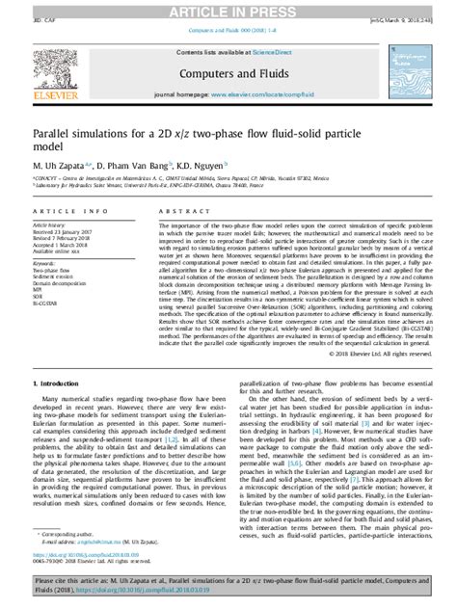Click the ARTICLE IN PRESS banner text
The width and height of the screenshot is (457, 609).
pyautogui.click(x=228, y=10)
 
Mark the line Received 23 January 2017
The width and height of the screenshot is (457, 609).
pyautogui.click(x=62, y=232)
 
